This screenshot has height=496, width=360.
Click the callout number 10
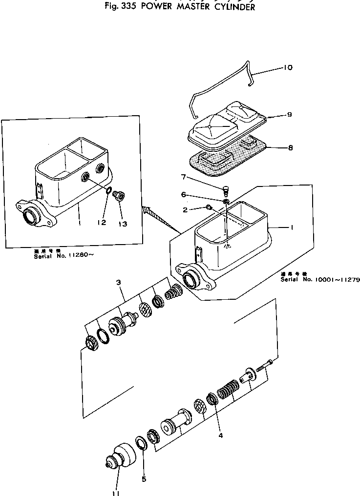coord(288,68)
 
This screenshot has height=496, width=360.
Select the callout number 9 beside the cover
coord(289,115)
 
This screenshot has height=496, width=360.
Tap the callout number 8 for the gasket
coord(290,147)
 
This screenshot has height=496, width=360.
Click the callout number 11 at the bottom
coord(116,492)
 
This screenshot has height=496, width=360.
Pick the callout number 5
coord(144,479)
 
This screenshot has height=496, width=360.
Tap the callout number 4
coord(220,435)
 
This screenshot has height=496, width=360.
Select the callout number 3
coord(119,283)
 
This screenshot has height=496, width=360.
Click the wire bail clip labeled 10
coord(220,93)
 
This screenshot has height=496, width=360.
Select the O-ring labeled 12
coord(108,191)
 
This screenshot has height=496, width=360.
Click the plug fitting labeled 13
coord(118,196)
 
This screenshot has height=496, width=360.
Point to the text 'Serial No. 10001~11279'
coord(320,280)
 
